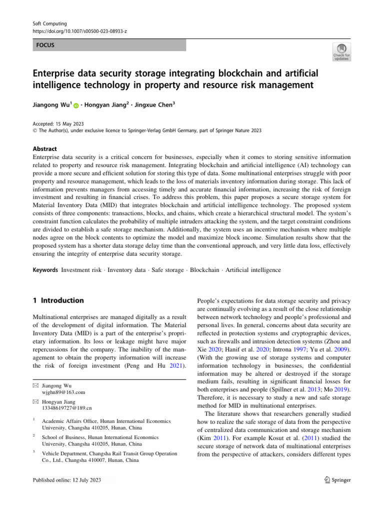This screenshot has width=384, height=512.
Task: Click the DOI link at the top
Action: click(76, 31)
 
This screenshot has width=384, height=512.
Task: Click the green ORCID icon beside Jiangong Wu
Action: click(76, 106)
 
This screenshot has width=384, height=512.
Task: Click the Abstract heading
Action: click(45, 148)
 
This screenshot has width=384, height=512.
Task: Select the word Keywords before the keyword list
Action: click(46, 270)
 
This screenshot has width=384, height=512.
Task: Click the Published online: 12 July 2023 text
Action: click(67, 480)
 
